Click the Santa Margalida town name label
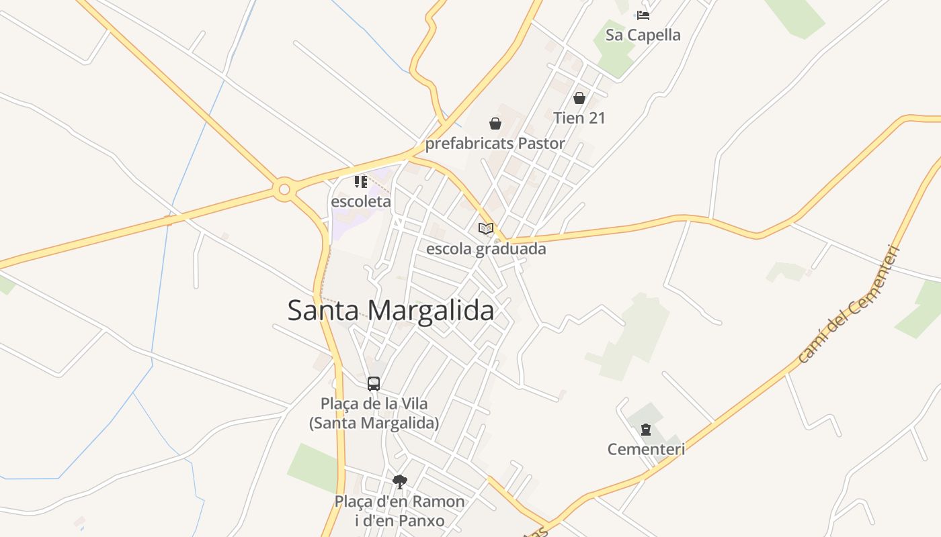coord(391,311)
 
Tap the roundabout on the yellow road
coord(284,190)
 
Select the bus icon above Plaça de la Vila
coord(374,384)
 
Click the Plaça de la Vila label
coord(374,413)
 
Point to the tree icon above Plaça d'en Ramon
coord(400,481)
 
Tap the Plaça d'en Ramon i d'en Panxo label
coord(400,511)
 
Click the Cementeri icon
coord(646,430)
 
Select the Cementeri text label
coord(646,449)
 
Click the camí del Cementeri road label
coord(849,305)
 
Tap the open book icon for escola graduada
coord(486,228)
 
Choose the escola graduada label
coord(486,249)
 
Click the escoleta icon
coord(361,181)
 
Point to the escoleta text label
coord(361,201)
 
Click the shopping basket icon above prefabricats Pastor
coord(495,124)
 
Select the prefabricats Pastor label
coord(495,144)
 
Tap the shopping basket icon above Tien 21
coord(579,98)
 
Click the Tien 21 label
coord(579,118)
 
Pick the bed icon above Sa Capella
coord(643,15)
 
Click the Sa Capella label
coord(643,35)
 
